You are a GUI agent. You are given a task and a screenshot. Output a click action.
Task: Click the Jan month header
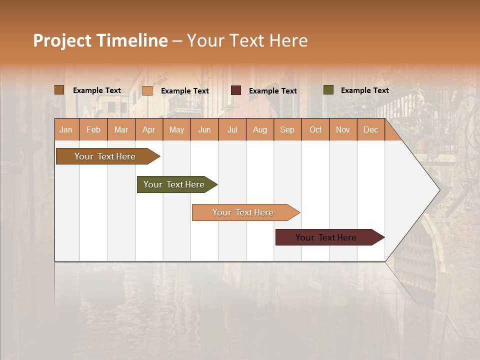tap(66, 129)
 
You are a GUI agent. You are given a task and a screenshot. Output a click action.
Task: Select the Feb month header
tap(93, 129)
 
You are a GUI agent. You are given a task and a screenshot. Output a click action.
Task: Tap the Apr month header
tap(149, 129)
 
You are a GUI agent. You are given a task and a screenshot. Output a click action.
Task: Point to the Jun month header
tap(204, 129)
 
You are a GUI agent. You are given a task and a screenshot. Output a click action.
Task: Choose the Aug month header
tap(260, 129)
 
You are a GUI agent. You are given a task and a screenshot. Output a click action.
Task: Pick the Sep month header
tap(287, 129)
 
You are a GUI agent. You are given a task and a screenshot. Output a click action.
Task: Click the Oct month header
tap(315, 129)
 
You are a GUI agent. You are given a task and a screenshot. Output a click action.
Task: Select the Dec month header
tap(371, 129)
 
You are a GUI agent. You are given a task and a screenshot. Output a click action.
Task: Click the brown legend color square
tap(59, 90)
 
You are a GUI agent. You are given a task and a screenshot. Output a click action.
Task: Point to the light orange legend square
tap(147, 90)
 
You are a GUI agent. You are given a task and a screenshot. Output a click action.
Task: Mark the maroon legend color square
tap(236, 90)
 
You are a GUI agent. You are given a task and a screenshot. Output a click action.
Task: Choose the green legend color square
tap(328, 90)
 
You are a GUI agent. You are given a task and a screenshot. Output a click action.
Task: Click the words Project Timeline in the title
tap(100, 40)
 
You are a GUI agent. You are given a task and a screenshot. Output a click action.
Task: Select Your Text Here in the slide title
tap(247, 40)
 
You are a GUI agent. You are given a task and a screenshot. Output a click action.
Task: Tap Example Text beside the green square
tap(364, 90)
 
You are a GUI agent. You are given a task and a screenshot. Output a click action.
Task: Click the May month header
tap(176, 129)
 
